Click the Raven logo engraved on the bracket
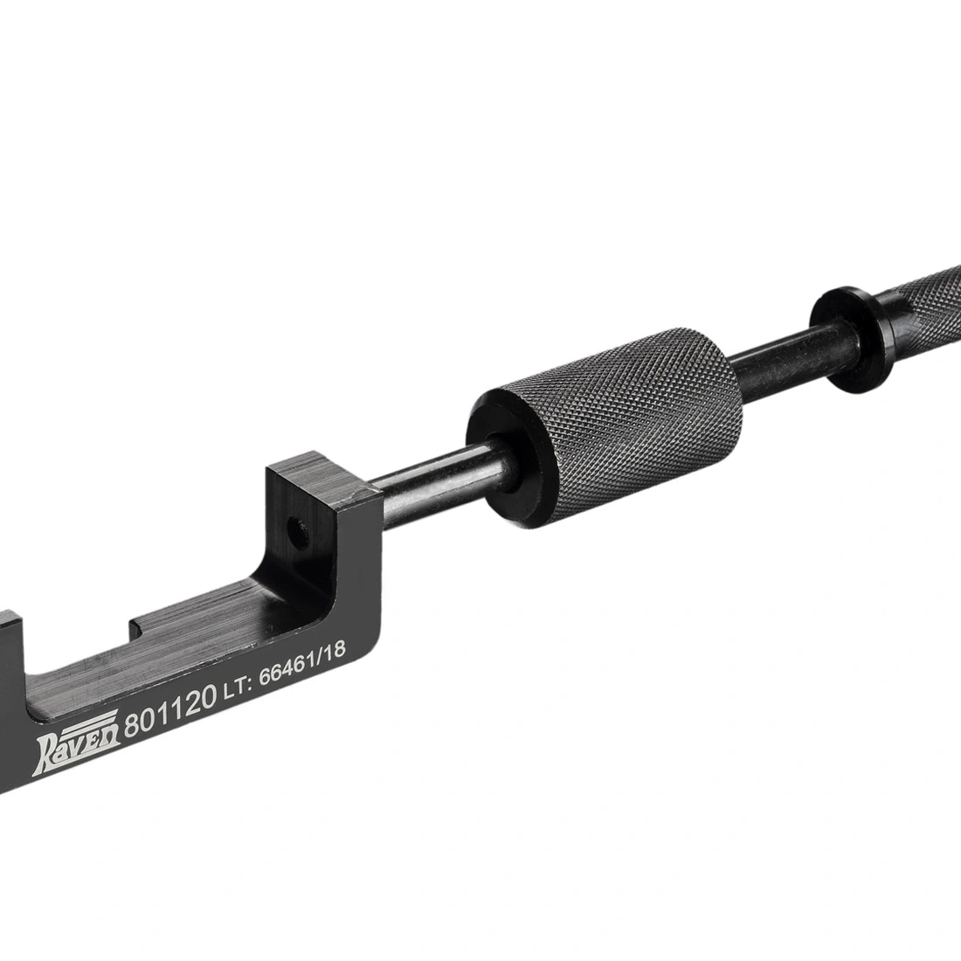77,743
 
